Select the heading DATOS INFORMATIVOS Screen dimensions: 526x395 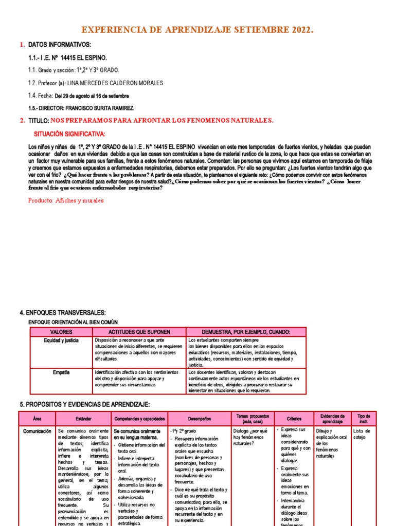coord(59,45)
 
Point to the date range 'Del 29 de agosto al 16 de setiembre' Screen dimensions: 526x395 coord(95,96)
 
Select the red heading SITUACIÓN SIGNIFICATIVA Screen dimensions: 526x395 coord(69,134)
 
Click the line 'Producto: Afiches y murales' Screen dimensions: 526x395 coord(66,200)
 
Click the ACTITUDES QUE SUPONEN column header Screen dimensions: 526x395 coord(139,332)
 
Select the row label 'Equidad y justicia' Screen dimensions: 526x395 coord(61,341)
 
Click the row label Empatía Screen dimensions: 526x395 coord(61,372)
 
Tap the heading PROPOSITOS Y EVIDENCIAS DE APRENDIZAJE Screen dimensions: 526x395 coord(84,405)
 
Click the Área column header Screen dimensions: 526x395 coord(37,419)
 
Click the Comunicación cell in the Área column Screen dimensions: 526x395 coord(37,431)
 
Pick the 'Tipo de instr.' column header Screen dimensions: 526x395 coord(364,419)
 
